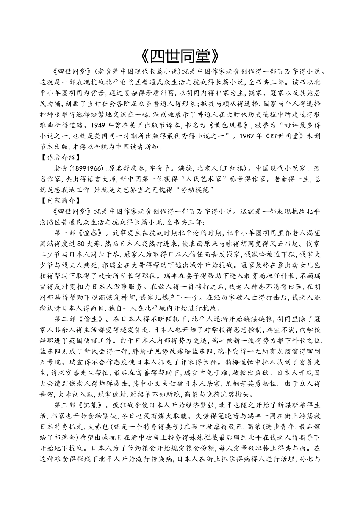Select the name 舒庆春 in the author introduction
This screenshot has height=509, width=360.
(x=140, y=167)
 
